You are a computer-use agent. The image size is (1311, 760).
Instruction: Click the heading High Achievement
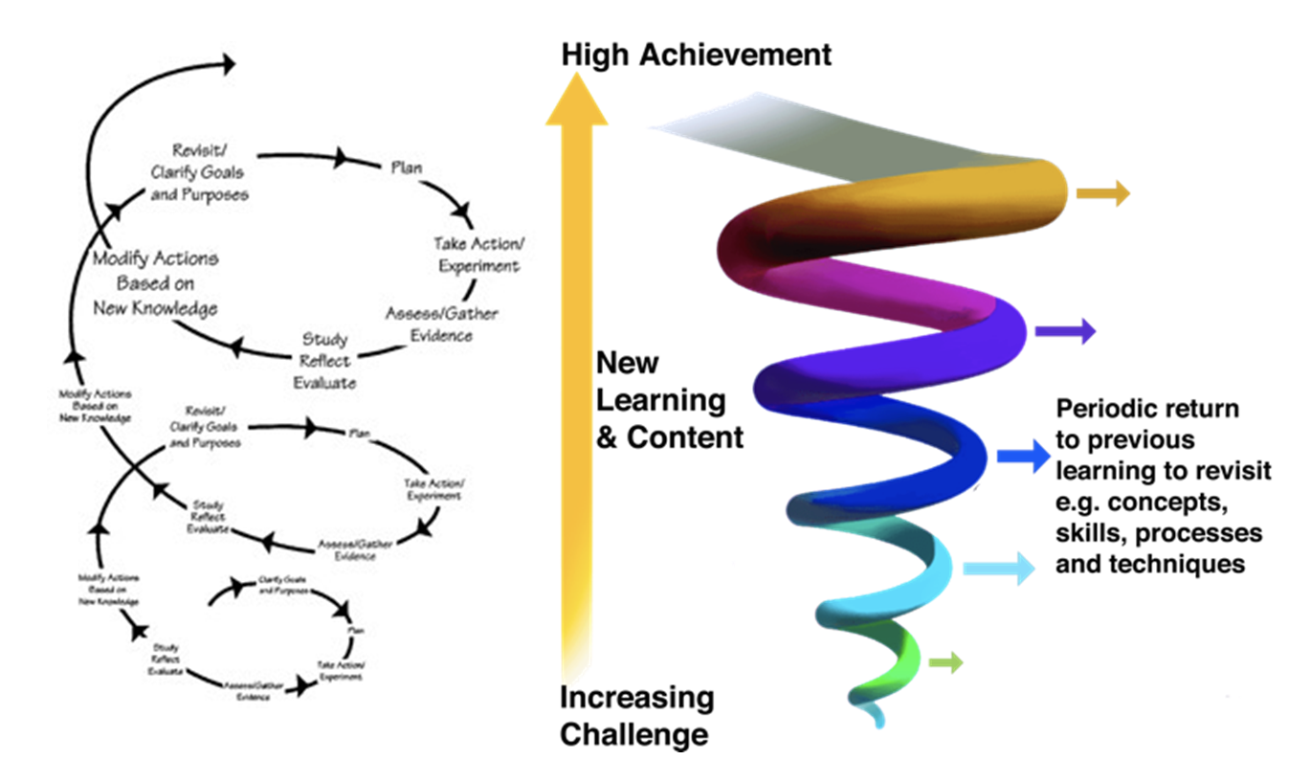tap(696, 55)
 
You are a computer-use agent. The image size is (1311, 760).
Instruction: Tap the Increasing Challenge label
tap(636, 716)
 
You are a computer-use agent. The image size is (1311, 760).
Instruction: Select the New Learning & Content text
tap(669, 400)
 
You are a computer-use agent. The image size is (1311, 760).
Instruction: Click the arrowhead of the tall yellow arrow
tap(576, 100)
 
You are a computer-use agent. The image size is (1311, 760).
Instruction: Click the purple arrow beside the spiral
tap(1065, 332)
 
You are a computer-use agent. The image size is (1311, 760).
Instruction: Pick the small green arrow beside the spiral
tap(945, 662)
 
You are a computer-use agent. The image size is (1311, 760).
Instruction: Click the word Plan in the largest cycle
tap(407, 168)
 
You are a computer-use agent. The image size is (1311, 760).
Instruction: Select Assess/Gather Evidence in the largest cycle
tap(442, 324)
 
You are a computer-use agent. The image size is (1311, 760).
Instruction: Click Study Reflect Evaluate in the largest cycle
tap(325, 361)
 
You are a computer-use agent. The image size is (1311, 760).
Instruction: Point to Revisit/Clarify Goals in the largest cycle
tap(199, 172)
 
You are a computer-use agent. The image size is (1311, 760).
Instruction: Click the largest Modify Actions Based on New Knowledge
tap(155, 283)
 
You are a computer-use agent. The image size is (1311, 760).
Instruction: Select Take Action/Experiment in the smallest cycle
tap(341, 670)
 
